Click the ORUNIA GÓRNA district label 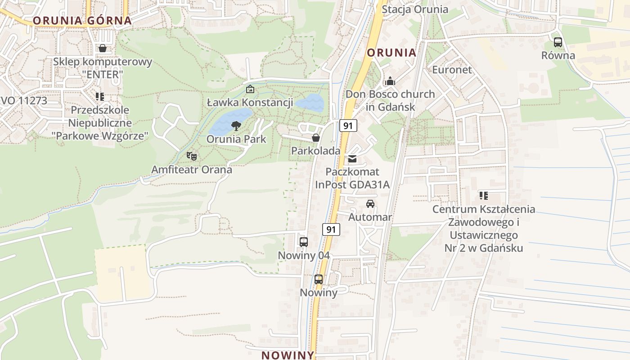click(82, 20)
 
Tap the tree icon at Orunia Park click(236, 126)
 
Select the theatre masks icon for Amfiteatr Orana click(192, 157)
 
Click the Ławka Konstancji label click(250, 103)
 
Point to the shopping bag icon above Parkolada click(316, 138)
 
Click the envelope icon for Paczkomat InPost click(352, 158)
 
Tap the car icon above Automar click(370, 204)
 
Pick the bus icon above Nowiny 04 click(304, 242)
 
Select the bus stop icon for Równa click(558, 42)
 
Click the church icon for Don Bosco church click(390, 81)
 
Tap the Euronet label click(452, 70)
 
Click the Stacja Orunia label click(415, 9)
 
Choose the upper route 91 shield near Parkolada click(348, 126)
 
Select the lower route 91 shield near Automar click(331, 229)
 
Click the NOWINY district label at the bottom click(288, 355)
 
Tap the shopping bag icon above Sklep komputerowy click(103, 48)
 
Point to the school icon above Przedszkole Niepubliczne click(100, 96)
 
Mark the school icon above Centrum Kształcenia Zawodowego click(484, 196)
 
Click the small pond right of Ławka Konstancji click(310, 103)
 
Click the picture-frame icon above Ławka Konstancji click(250, 90)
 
